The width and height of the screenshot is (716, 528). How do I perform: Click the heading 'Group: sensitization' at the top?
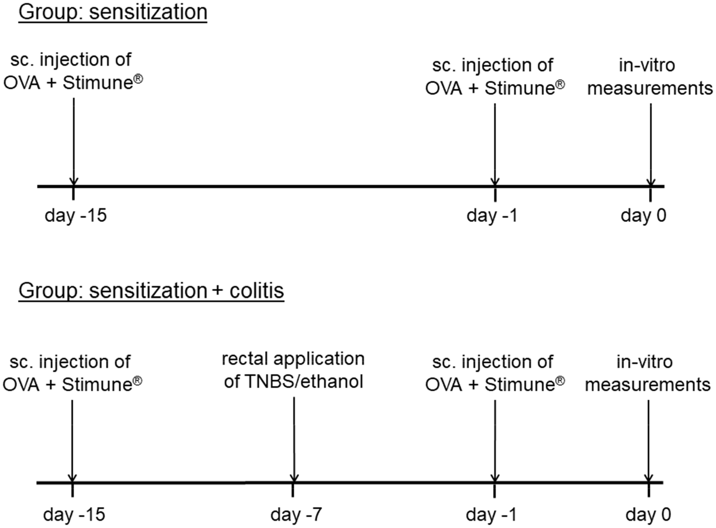(113, 12)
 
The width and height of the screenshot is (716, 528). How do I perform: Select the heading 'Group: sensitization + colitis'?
(151, 290)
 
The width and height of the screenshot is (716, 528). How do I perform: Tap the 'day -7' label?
(296, 514)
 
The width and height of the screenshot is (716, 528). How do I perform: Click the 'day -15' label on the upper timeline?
(75, 215)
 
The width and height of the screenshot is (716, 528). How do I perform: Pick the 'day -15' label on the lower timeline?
(74, 514)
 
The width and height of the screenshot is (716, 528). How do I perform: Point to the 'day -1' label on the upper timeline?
(492, 215)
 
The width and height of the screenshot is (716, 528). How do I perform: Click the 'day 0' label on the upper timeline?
(643, 215)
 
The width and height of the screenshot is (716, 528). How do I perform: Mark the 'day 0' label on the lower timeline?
(648, 514)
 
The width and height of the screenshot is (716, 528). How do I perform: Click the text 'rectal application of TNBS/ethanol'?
(293, 370)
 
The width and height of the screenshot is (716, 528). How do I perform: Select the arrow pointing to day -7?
(294, 439)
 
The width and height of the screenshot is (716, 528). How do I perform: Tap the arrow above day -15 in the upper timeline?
(74, 142)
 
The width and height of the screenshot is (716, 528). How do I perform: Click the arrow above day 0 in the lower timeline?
(648, 441)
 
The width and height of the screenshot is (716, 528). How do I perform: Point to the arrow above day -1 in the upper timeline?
(495, 144)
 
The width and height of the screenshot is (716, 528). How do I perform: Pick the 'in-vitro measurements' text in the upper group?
(650, 77)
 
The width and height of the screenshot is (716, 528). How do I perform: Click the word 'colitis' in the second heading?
(257, 290)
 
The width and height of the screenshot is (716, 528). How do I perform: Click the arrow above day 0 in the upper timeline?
(651, 144)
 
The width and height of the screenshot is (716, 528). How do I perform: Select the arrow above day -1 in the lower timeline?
(495, 441)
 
